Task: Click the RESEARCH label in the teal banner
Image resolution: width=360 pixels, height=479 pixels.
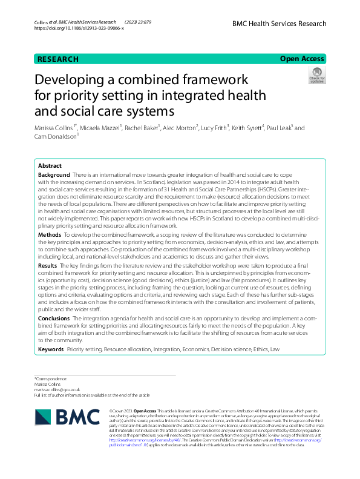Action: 58,59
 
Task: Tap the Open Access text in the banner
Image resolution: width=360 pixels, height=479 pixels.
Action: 303,59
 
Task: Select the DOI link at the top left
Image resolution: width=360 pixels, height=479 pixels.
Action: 79,28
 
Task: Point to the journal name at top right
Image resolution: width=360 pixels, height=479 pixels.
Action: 279,24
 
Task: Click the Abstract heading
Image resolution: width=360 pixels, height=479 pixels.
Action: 50,165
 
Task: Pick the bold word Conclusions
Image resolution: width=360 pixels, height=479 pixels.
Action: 54,317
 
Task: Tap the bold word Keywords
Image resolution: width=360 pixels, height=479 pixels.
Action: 51,349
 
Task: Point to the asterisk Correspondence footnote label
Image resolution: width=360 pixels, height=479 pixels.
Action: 51,379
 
